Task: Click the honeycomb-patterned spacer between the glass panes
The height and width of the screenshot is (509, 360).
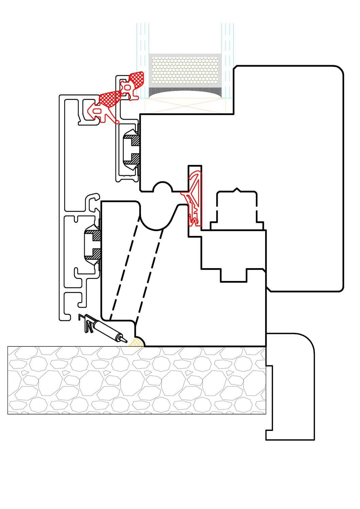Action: pos(185,71)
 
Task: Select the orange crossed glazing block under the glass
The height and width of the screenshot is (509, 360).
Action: pos(185,105)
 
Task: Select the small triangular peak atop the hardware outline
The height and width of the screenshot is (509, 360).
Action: pos(237,189)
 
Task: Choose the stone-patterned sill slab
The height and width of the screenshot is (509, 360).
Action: pos(136,380)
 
